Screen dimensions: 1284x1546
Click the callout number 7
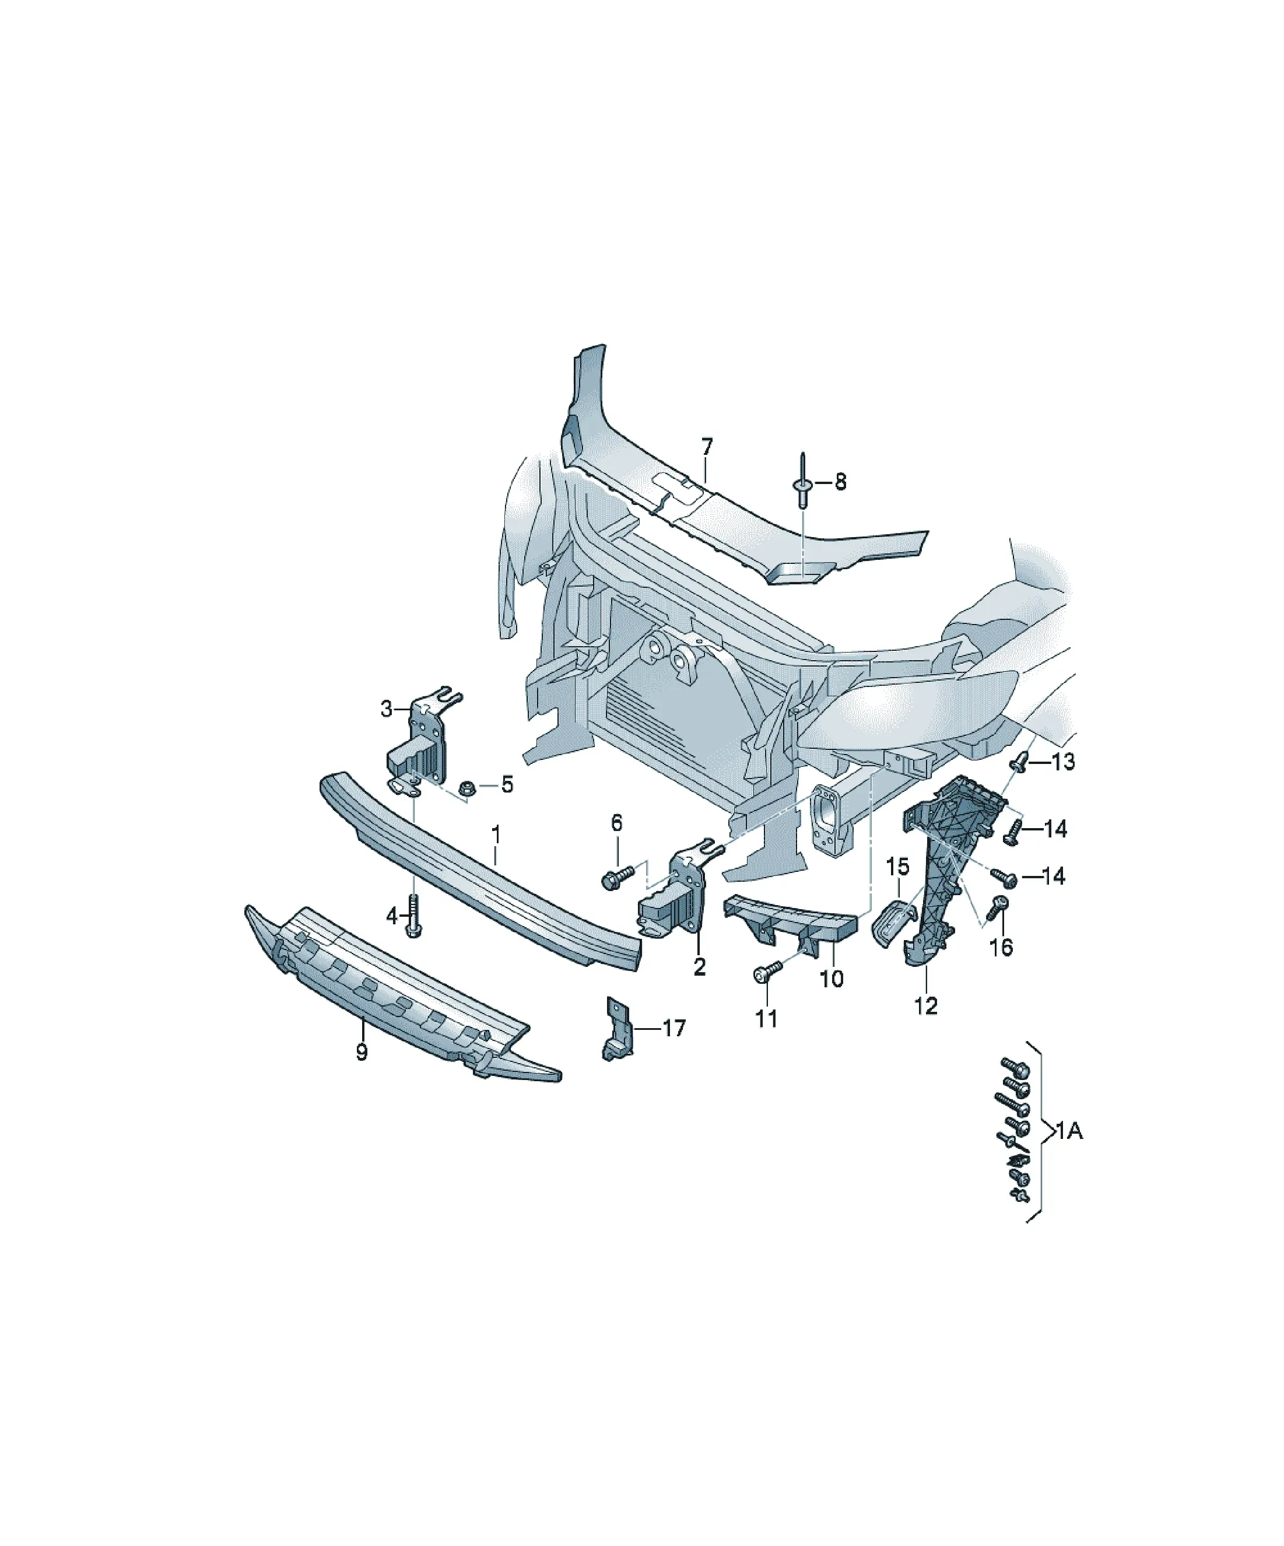(x=707, y=447)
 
